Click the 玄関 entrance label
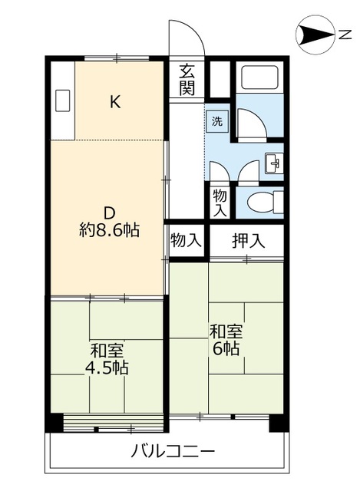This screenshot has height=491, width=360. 187,79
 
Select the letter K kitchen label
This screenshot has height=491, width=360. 114,101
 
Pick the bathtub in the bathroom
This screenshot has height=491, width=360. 260,80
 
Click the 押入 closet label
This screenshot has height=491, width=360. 248,240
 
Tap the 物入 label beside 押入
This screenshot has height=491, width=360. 187,240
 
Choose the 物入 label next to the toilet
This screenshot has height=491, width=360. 220,202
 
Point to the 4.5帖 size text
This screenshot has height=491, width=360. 107,368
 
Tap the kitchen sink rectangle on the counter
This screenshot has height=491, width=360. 62,101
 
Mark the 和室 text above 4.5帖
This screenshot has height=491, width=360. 107,350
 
